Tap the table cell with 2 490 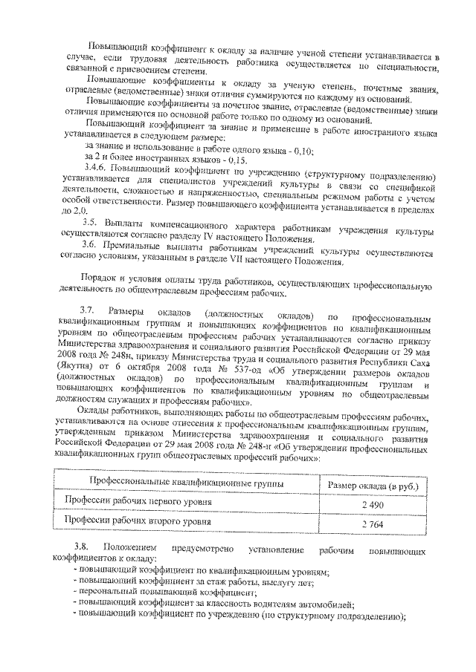pyautogui.click(x=370, y=503)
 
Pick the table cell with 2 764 pyautogui.click(x=370, y=523)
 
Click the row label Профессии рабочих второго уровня pyautogui.click(x=137, y=522)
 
